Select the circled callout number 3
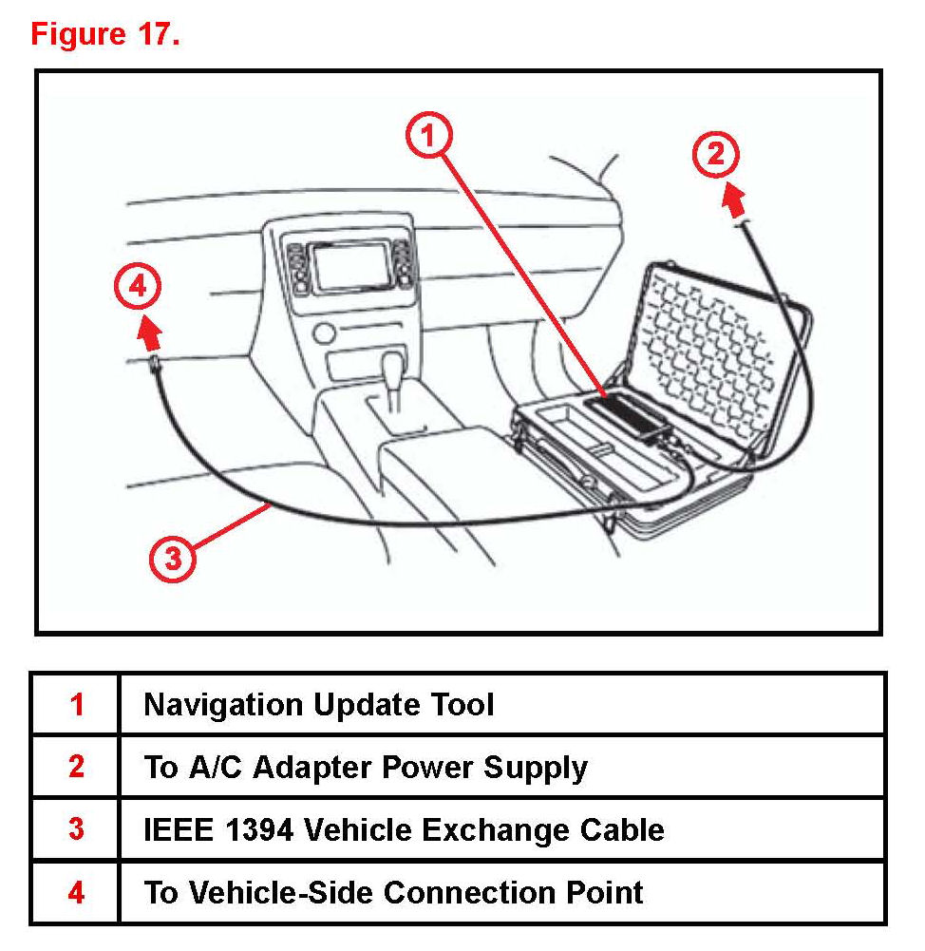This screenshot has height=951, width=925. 172,559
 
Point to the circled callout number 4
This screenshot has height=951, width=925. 138,287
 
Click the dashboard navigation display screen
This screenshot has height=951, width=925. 350,267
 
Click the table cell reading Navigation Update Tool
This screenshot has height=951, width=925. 318,704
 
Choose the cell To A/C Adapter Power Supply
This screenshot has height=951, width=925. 366,767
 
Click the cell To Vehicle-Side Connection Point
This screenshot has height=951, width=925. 393,892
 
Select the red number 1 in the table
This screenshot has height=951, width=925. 76,704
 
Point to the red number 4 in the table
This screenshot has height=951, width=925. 76,892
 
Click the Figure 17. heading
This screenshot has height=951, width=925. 105,35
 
